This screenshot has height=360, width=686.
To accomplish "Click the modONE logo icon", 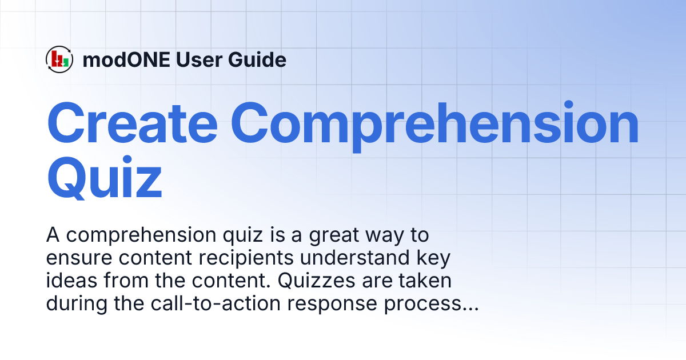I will (59, 59).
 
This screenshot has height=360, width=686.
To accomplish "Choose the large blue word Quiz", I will (104, 177).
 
